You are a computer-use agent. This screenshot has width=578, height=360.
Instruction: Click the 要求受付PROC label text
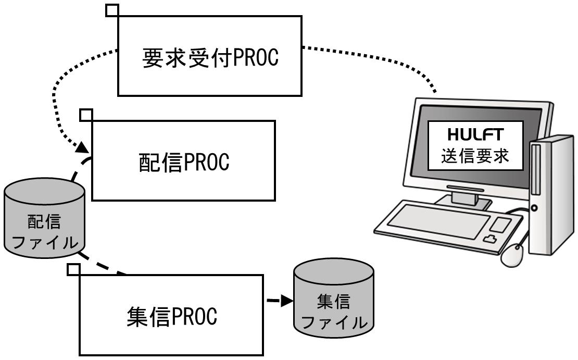(x=210, y=58)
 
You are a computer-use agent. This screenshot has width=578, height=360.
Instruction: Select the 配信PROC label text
(x=184, y=162)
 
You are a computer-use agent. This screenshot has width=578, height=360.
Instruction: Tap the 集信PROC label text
(x=172, y=316)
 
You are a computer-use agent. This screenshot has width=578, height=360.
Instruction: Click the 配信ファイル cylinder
(x=44, y=218)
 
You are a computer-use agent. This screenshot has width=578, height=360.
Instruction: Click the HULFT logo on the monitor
(x=475, y=134)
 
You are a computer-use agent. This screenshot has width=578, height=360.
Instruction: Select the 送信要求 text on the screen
(x=475, y=155)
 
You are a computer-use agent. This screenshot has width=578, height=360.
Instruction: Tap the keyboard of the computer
(x=448, y=226)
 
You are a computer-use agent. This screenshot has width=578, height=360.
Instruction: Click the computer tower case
(x=551, y=195)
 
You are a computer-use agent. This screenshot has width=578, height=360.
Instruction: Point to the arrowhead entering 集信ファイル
(x=287, y=301)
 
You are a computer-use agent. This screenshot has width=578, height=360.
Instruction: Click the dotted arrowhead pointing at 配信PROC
(x=83, y=147)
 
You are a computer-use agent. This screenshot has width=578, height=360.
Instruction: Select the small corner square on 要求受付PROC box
(x=112, y=10)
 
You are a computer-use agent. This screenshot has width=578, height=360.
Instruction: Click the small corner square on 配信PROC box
(x=86, y=115)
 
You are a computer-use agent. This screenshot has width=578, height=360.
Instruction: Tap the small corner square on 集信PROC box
(x=74, y=269)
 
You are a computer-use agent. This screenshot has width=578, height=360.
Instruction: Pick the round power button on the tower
(x=534, y=208)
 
